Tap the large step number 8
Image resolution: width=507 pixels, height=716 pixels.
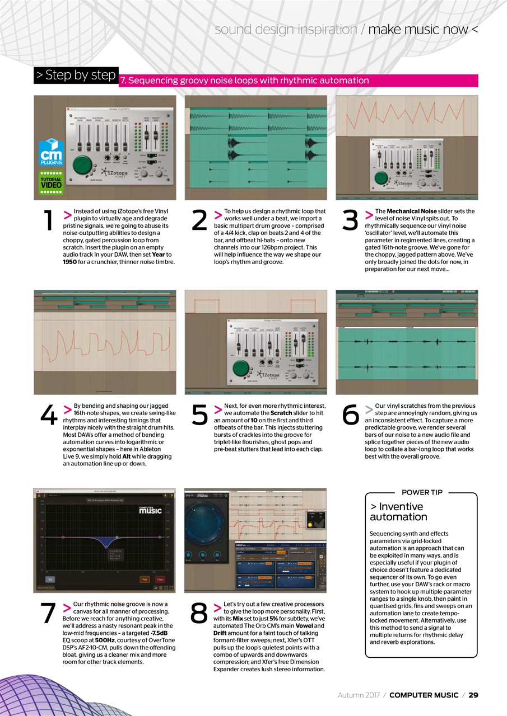click(x=199, y=614)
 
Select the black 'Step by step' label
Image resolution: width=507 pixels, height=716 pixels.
click(x=76, y=75)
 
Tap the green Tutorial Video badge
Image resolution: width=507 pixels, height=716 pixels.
click(x=51, y=182)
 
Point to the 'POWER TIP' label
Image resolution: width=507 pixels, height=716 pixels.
click(x=422, y=492)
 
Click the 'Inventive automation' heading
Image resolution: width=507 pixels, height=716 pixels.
click(x=398, y=511)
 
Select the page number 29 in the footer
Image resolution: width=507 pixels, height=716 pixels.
click(x=473, y=695)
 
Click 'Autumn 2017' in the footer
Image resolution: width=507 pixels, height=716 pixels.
click(x=359, y=695)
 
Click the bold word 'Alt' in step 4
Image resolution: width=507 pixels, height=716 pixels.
click(x=127, y=456)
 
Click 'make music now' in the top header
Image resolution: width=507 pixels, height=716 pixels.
click(x=418, y=29)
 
